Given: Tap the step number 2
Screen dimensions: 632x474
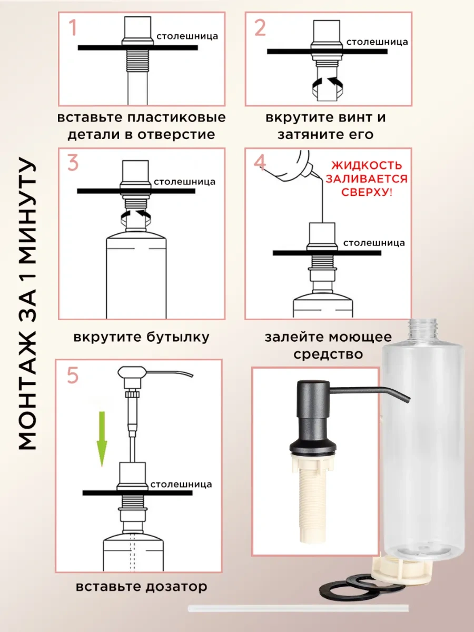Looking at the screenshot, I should pyautogui.click(x=260, y=27).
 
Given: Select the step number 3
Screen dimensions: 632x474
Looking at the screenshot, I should pyautogui.click(x=73, y=163).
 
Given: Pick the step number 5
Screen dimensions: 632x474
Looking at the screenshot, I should pyautogui.click(x=73, y=376).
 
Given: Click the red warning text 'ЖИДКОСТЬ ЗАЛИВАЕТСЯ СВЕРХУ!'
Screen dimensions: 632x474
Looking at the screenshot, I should pyautogui.click(x=366, y=179).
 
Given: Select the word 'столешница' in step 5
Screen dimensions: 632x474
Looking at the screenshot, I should pyautogui.click(x=181, y=484).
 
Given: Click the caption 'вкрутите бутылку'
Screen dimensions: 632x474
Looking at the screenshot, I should pyautogui.click(x=141, y=337).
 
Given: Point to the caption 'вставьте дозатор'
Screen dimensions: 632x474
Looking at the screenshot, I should pyautogui.click(x=141, y=586).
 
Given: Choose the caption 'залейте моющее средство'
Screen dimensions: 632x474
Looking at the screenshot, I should pyautogui.click(x=328, y=345).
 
